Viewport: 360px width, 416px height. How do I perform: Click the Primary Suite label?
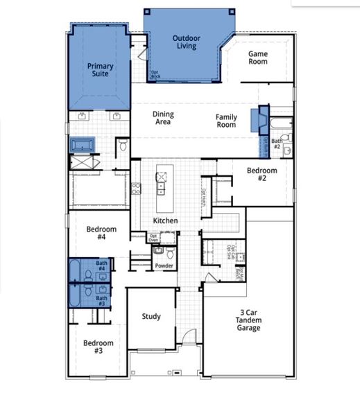click(100, 70)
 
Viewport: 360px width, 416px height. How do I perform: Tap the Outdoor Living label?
click(186, 42)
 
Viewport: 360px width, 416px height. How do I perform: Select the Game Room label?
click(258, 57)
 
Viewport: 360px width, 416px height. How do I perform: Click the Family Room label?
click(226, 121)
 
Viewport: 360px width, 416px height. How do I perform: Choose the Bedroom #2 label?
click(262, 174)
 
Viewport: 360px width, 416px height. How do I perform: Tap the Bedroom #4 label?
click(101, 233)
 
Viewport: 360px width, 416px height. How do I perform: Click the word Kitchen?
click(166, 221)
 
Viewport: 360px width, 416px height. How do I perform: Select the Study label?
click(151, 317)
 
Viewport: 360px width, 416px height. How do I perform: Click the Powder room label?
click(164, 266)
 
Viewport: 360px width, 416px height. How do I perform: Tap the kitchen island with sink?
click(162, 189)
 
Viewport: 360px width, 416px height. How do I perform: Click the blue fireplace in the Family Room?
click(261, 119)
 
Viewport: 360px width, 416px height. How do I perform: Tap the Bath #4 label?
click(102, 266)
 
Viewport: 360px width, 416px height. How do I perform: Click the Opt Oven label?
click(154, 239)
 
